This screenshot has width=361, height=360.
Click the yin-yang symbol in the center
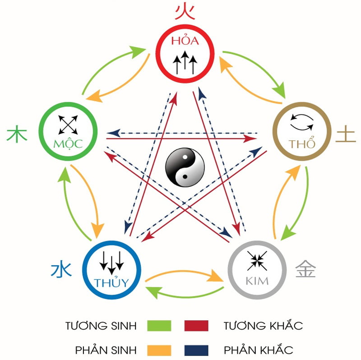click(x=185, y=168)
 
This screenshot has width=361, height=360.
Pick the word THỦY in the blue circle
click(x=111, y=283)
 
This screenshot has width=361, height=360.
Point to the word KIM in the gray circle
click(x=257, y=281)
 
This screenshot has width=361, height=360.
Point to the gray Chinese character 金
click(x=305, y=269)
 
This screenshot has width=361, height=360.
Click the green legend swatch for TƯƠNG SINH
click(x=159, y=325)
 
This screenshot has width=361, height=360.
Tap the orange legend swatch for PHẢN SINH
click(x=159, y=350)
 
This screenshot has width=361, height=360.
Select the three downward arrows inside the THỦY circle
click(x=111, y=262)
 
